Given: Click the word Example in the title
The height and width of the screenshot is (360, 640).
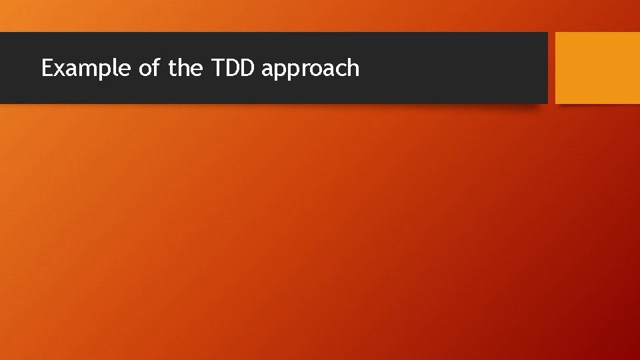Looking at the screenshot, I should (86, 68).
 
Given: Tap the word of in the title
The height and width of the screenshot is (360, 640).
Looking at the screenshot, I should (149, 68).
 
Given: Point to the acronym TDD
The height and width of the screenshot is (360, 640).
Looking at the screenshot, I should (234, 68).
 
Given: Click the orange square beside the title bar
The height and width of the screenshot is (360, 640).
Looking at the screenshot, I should (597, 68).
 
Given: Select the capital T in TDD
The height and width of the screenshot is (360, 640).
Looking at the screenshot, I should (217, 68).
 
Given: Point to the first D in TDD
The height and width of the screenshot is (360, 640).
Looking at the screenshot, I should (232, 68).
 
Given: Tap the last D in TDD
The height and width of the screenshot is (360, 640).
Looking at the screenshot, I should (247, 68).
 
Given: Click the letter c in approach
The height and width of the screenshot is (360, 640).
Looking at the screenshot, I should (339, 69).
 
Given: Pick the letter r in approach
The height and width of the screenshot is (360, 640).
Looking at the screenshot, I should (298, 69).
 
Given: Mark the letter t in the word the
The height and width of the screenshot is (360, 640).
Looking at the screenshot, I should (172, 68).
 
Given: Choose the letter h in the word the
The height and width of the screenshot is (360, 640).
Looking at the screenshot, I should (183, 67).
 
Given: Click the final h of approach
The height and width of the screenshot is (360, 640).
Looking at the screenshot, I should (353, 67).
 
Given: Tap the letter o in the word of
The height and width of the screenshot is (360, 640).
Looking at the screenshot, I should (145, 69).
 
